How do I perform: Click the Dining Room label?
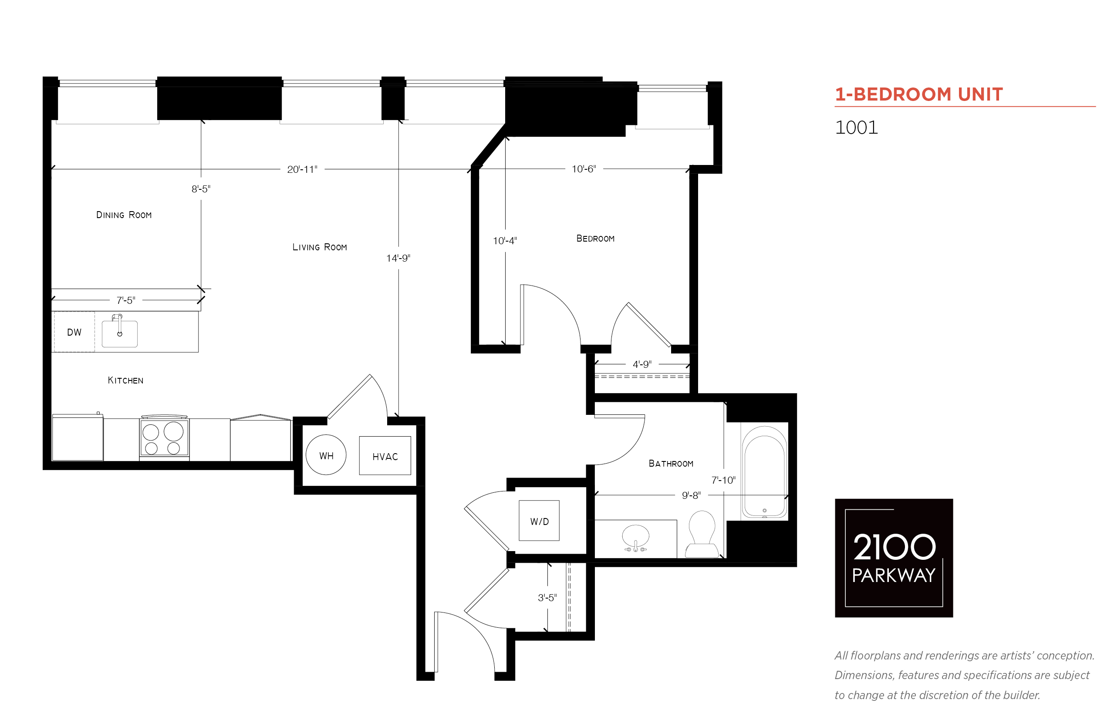pyautogui.click(x=124, y=215)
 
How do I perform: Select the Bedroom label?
pyautogui.click(x=595, y=239)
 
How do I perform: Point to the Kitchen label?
pyautogui.click(x=125, y=380)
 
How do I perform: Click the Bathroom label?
pyautogui.click(x=671, y=463)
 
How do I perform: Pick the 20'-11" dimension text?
pyautogui.click(x=302, y=169)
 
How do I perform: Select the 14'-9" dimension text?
pyautogui.click(x=398, y=258)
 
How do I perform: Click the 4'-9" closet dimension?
pyautogui.click(x=641, y=364)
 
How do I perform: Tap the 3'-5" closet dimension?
pyautogui.click(x=547, y=598)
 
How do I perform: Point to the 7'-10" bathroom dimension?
pyautogui.click(x=723, y=480)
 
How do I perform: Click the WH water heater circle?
pyautogui.click(x=326, y=455)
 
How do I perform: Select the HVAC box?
pyautogui.click(x=385, y=455)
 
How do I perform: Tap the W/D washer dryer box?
pyautogui.click(x=539, y=520)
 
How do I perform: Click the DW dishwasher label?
pyautogui.click(x=74, y=333)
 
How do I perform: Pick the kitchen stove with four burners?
pyautogui.click(x=164, y=437)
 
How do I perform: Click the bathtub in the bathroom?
pyautogui.click(x=764, y=472)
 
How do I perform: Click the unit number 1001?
pyautogui.click(x=856, y=127)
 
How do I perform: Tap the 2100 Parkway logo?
pyautogui.click(x=894, y=558)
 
